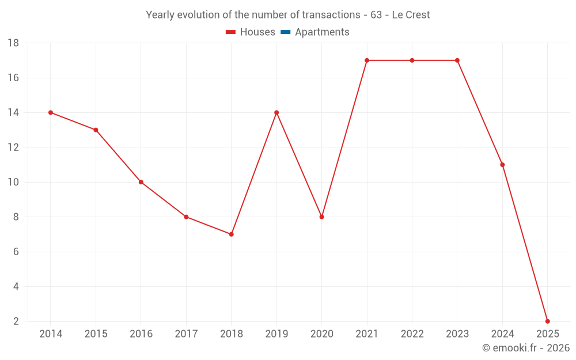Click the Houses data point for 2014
pyautogui.click(x=51, y=112)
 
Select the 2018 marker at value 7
pyautogui.click(x=231, y=234)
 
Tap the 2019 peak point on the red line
pyautogui.click(x=276, y=112)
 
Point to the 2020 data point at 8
pyautogui.click(x=321, y=217)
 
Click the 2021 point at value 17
pyautogui.click(x=367, y=60)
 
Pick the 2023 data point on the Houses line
pyautogui.click(x=457, y=60)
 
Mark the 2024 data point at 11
pyautogui.click(x=502, y=165)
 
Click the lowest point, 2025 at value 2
pyautogui.click(x=547, y=321)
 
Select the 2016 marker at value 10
pyautogui.click(x=141, y=182)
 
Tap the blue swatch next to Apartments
pyautogui.click(x=285, y=32)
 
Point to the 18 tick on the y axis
pyautogui.click(x=13, y=43)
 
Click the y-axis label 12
pyautogui.click(x=13, y=147)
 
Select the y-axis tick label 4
pyautogui.click(x=16, y=286)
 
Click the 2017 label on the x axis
pyautogui.click(x=186, y=334)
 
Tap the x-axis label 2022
pyautogui.click(x=412, y=334)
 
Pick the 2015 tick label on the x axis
pyautogui.click(x=96, y=334)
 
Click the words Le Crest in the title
pyautogui.click(x=411, y=15)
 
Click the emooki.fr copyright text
pyautogui.click(x=525, y=348)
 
